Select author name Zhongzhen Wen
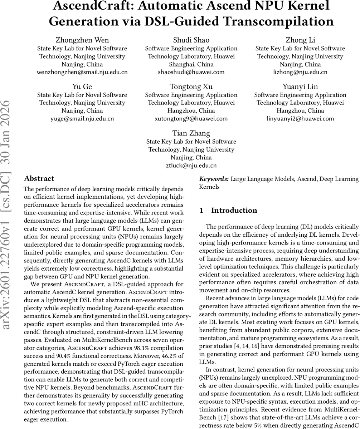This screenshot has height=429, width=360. tap(82, 40)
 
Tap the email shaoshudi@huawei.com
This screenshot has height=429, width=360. tap(191, 72)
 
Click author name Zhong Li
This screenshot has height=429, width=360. tap(300, 40)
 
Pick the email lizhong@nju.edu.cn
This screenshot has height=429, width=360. tap(300, 72)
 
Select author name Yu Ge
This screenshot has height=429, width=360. tap(82, 87)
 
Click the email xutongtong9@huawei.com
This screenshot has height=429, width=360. tap(191, 119)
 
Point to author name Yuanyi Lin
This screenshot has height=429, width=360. tap(300, 87)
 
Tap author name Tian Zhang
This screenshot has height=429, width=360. tap(191, 133)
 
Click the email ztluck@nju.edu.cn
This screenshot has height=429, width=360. tap(191, 166)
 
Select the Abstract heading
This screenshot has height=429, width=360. tap(39, 179)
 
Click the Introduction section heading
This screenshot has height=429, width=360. tap(234, 211)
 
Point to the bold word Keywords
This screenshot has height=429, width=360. tap(214, 179)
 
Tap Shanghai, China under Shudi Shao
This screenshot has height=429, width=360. tap(191, 64)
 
